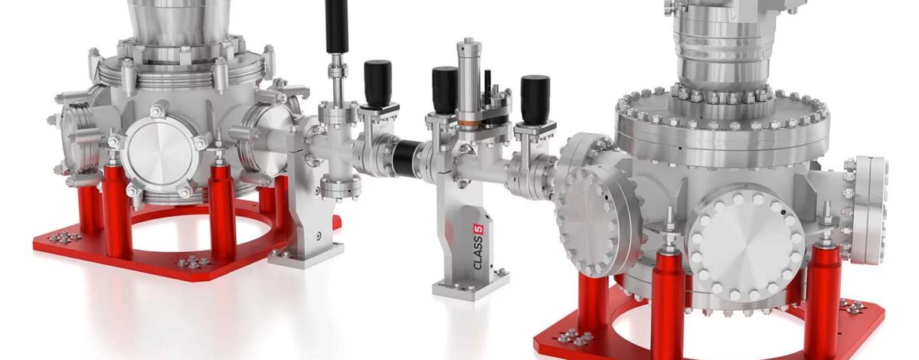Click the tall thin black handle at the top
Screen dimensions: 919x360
coord(336,27)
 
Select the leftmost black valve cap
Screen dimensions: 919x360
coord(377,83)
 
